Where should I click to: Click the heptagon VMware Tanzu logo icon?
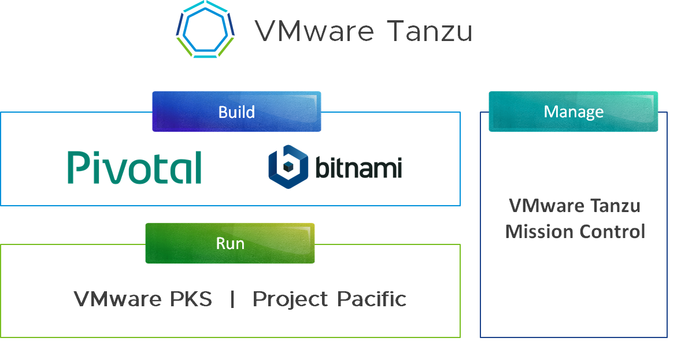coord(205,29)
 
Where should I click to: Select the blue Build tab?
coord(236,112)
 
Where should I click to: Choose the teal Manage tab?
coord(573,112)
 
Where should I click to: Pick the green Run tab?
coord(230,243)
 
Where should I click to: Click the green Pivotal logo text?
coord(135,167)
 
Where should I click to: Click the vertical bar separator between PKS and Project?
coord(232,299)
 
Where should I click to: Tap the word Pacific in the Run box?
coord(372,299)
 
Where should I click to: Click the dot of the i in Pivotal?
coord(100,154)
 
